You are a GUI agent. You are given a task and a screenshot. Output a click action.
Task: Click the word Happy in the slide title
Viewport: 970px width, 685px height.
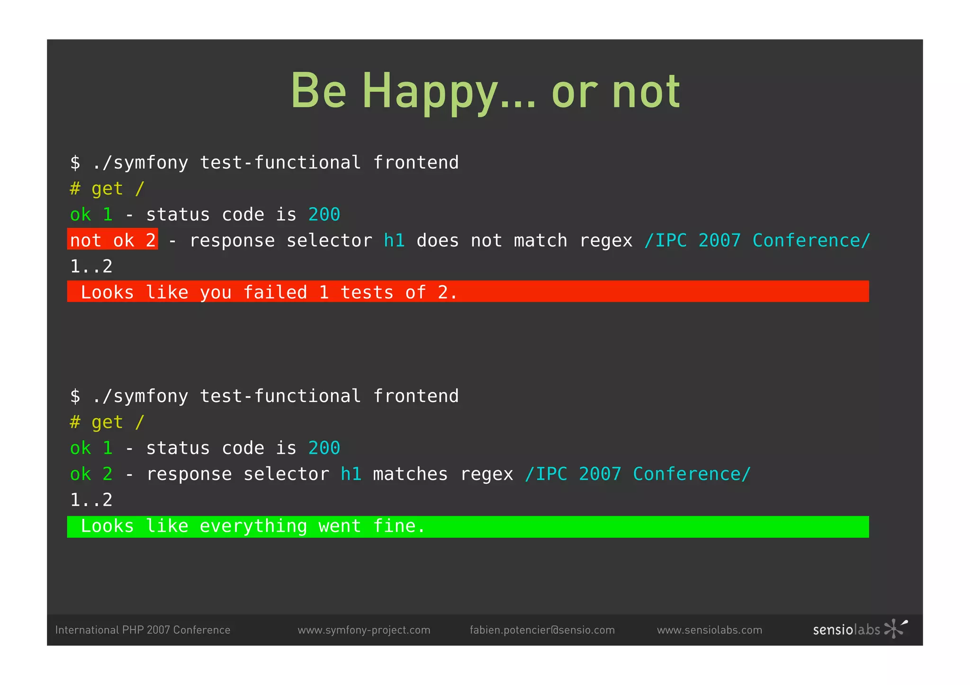[430, 91]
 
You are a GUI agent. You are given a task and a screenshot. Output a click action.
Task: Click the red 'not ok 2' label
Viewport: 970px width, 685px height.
[113, 240]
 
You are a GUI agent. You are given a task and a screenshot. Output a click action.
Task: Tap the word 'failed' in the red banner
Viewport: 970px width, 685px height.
[275, 292]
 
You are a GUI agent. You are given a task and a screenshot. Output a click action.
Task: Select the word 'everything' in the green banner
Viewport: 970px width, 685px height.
[253, 526]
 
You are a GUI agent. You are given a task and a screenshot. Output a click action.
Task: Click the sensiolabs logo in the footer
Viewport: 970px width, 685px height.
[860, 629]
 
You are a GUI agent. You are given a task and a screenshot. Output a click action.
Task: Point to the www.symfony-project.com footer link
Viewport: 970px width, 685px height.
[364, 630]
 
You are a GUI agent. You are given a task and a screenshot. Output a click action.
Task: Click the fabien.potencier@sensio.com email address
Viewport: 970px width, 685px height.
[542, 630]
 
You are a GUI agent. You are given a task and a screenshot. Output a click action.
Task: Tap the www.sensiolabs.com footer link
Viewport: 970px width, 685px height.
[709, 630]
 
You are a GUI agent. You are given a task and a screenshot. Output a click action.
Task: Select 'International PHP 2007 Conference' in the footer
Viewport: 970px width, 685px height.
[143, 630]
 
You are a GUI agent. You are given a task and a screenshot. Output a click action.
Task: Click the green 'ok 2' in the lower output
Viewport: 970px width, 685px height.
[91, 474]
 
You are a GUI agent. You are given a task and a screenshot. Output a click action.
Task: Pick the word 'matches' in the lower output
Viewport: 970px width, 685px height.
[410, 474]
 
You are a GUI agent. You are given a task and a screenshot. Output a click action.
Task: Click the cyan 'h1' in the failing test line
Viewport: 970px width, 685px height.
[394, 240]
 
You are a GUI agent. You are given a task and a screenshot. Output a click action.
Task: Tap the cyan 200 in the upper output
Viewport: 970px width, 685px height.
[324, 214]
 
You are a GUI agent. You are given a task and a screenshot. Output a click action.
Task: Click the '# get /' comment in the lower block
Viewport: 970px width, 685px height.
[107, 422]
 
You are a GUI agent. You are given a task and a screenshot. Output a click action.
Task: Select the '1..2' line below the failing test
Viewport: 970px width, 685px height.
[91, 266]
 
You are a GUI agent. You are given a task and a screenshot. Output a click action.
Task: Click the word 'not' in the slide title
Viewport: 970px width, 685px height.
[646, 91]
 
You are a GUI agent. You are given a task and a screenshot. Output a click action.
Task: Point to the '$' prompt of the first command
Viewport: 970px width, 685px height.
[75, 162]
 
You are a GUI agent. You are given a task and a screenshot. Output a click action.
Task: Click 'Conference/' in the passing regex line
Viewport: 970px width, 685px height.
[692, 474]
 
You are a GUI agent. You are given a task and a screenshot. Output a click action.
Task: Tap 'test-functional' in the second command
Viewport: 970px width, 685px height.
[280, 396]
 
